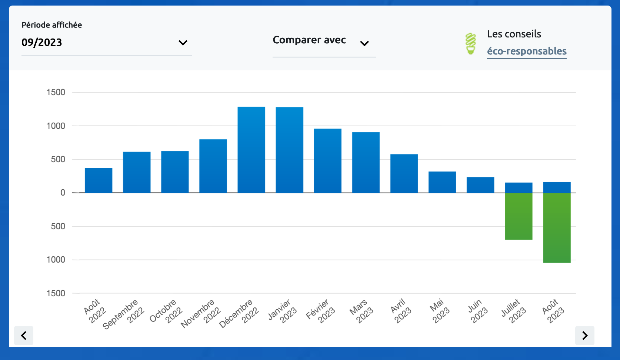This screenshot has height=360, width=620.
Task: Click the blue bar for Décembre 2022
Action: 251,150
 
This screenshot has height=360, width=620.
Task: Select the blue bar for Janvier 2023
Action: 289,150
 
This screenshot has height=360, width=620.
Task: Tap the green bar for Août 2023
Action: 557,228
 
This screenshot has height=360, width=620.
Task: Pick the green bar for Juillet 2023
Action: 519,216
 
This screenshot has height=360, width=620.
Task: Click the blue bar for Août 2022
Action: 99,180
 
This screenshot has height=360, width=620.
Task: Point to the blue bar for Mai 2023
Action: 442,182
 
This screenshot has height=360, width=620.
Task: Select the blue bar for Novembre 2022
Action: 213,166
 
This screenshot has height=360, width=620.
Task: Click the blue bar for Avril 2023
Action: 404,173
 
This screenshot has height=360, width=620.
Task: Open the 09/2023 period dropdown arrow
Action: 183,43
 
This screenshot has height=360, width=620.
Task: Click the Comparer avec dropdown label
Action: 309,40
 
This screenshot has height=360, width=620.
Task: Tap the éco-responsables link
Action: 527,51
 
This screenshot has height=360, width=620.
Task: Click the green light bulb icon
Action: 471,44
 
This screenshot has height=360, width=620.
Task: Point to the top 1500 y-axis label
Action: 56,92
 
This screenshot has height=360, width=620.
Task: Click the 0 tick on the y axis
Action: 63,193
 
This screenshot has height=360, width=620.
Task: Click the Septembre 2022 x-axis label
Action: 124,314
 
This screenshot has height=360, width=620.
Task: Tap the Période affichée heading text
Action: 51,25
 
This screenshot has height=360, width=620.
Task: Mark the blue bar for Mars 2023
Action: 366,163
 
